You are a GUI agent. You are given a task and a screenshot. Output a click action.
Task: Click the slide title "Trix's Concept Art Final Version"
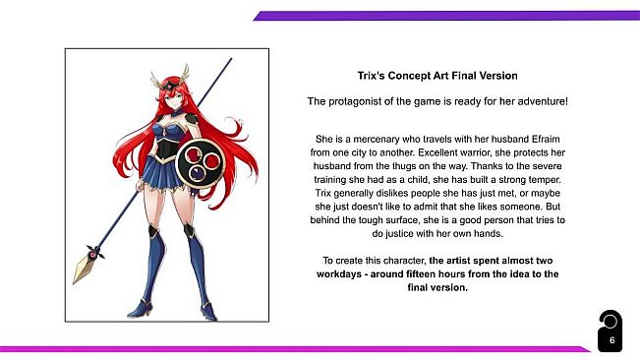[x=437, y=76]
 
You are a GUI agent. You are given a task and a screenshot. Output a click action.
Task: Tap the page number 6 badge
[x=611, y=331]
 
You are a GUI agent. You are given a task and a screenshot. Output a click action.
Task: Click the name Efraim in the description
[x=546, y=140]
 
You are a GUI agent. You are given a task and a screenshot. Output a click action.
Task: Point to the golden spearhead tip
[x=74, y=283]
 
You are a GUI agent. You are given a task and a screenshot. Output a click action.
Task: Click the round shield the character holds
[x=200, y=163]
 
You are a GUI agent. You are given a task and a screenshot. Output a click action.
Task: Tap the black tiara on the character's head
[x=169, y=85]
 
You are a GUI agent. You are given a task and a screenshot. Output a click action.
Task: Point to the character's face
[x=175, y=98]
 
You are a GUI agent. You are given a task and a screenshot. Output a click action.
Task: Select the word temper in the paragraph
[x=546, y=180]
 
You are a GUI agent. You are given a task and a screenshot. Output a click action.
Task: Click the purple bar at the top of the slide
[x=446, y=16]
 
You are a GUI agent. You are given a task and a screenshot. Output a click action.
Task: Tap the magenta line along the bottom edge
[x=295, y=349]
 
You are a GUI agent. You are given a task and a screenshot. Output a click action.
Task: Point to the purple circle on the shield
[x=198, y=173]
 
